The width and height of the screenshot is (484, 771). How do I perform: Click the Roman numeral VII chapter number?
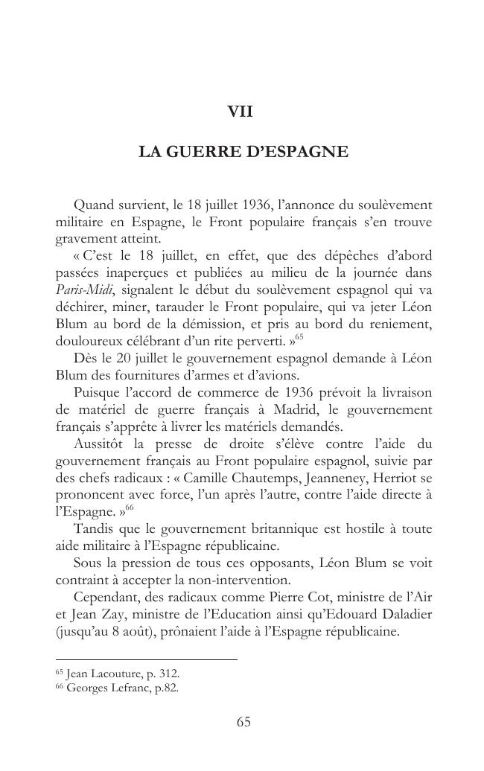(241, 112)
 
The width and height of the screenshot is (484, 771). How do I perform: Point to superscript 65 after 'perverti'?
(299, 338)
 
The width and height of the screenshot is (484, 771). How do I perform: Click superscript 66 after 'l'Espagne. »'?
(129, 508)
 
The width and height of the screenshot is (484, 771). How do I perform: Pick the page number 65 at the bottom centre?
(243, 722)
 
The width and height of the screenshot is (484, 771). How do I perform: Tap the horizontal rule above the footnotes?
(146, 659)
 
